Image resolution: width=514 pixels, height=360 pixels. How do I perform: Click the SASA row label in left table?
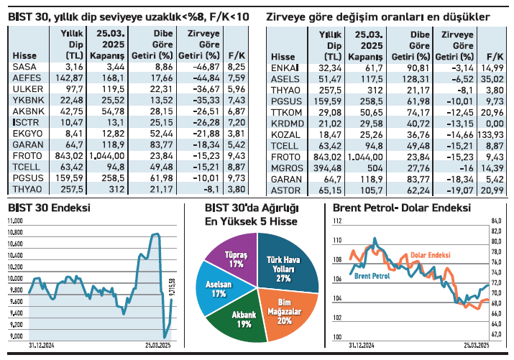click(x=21, y=66)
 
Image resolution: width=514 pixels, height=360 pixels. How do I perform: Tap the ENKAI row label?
click(x=284, y=66)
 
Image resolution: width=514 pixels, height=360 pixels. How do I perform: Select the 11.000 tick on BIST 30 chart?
click(x=16, y=221)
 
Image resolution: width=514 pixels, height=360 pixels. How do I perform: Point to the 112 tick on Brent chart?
click(x=337, y=221)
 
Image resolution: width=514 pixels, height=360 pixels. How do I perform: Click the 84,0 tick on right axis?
click(x=495, y=221)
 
